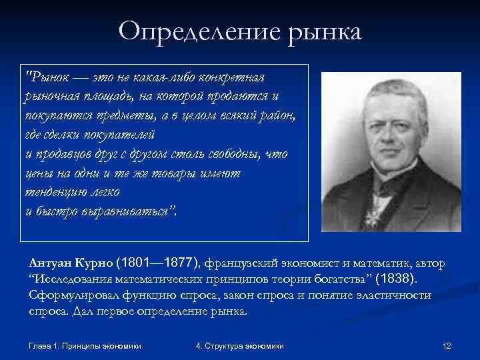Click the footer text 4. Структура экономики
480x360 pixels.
click(240, 346)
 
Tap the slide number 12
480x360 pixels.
click(447, 346)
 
